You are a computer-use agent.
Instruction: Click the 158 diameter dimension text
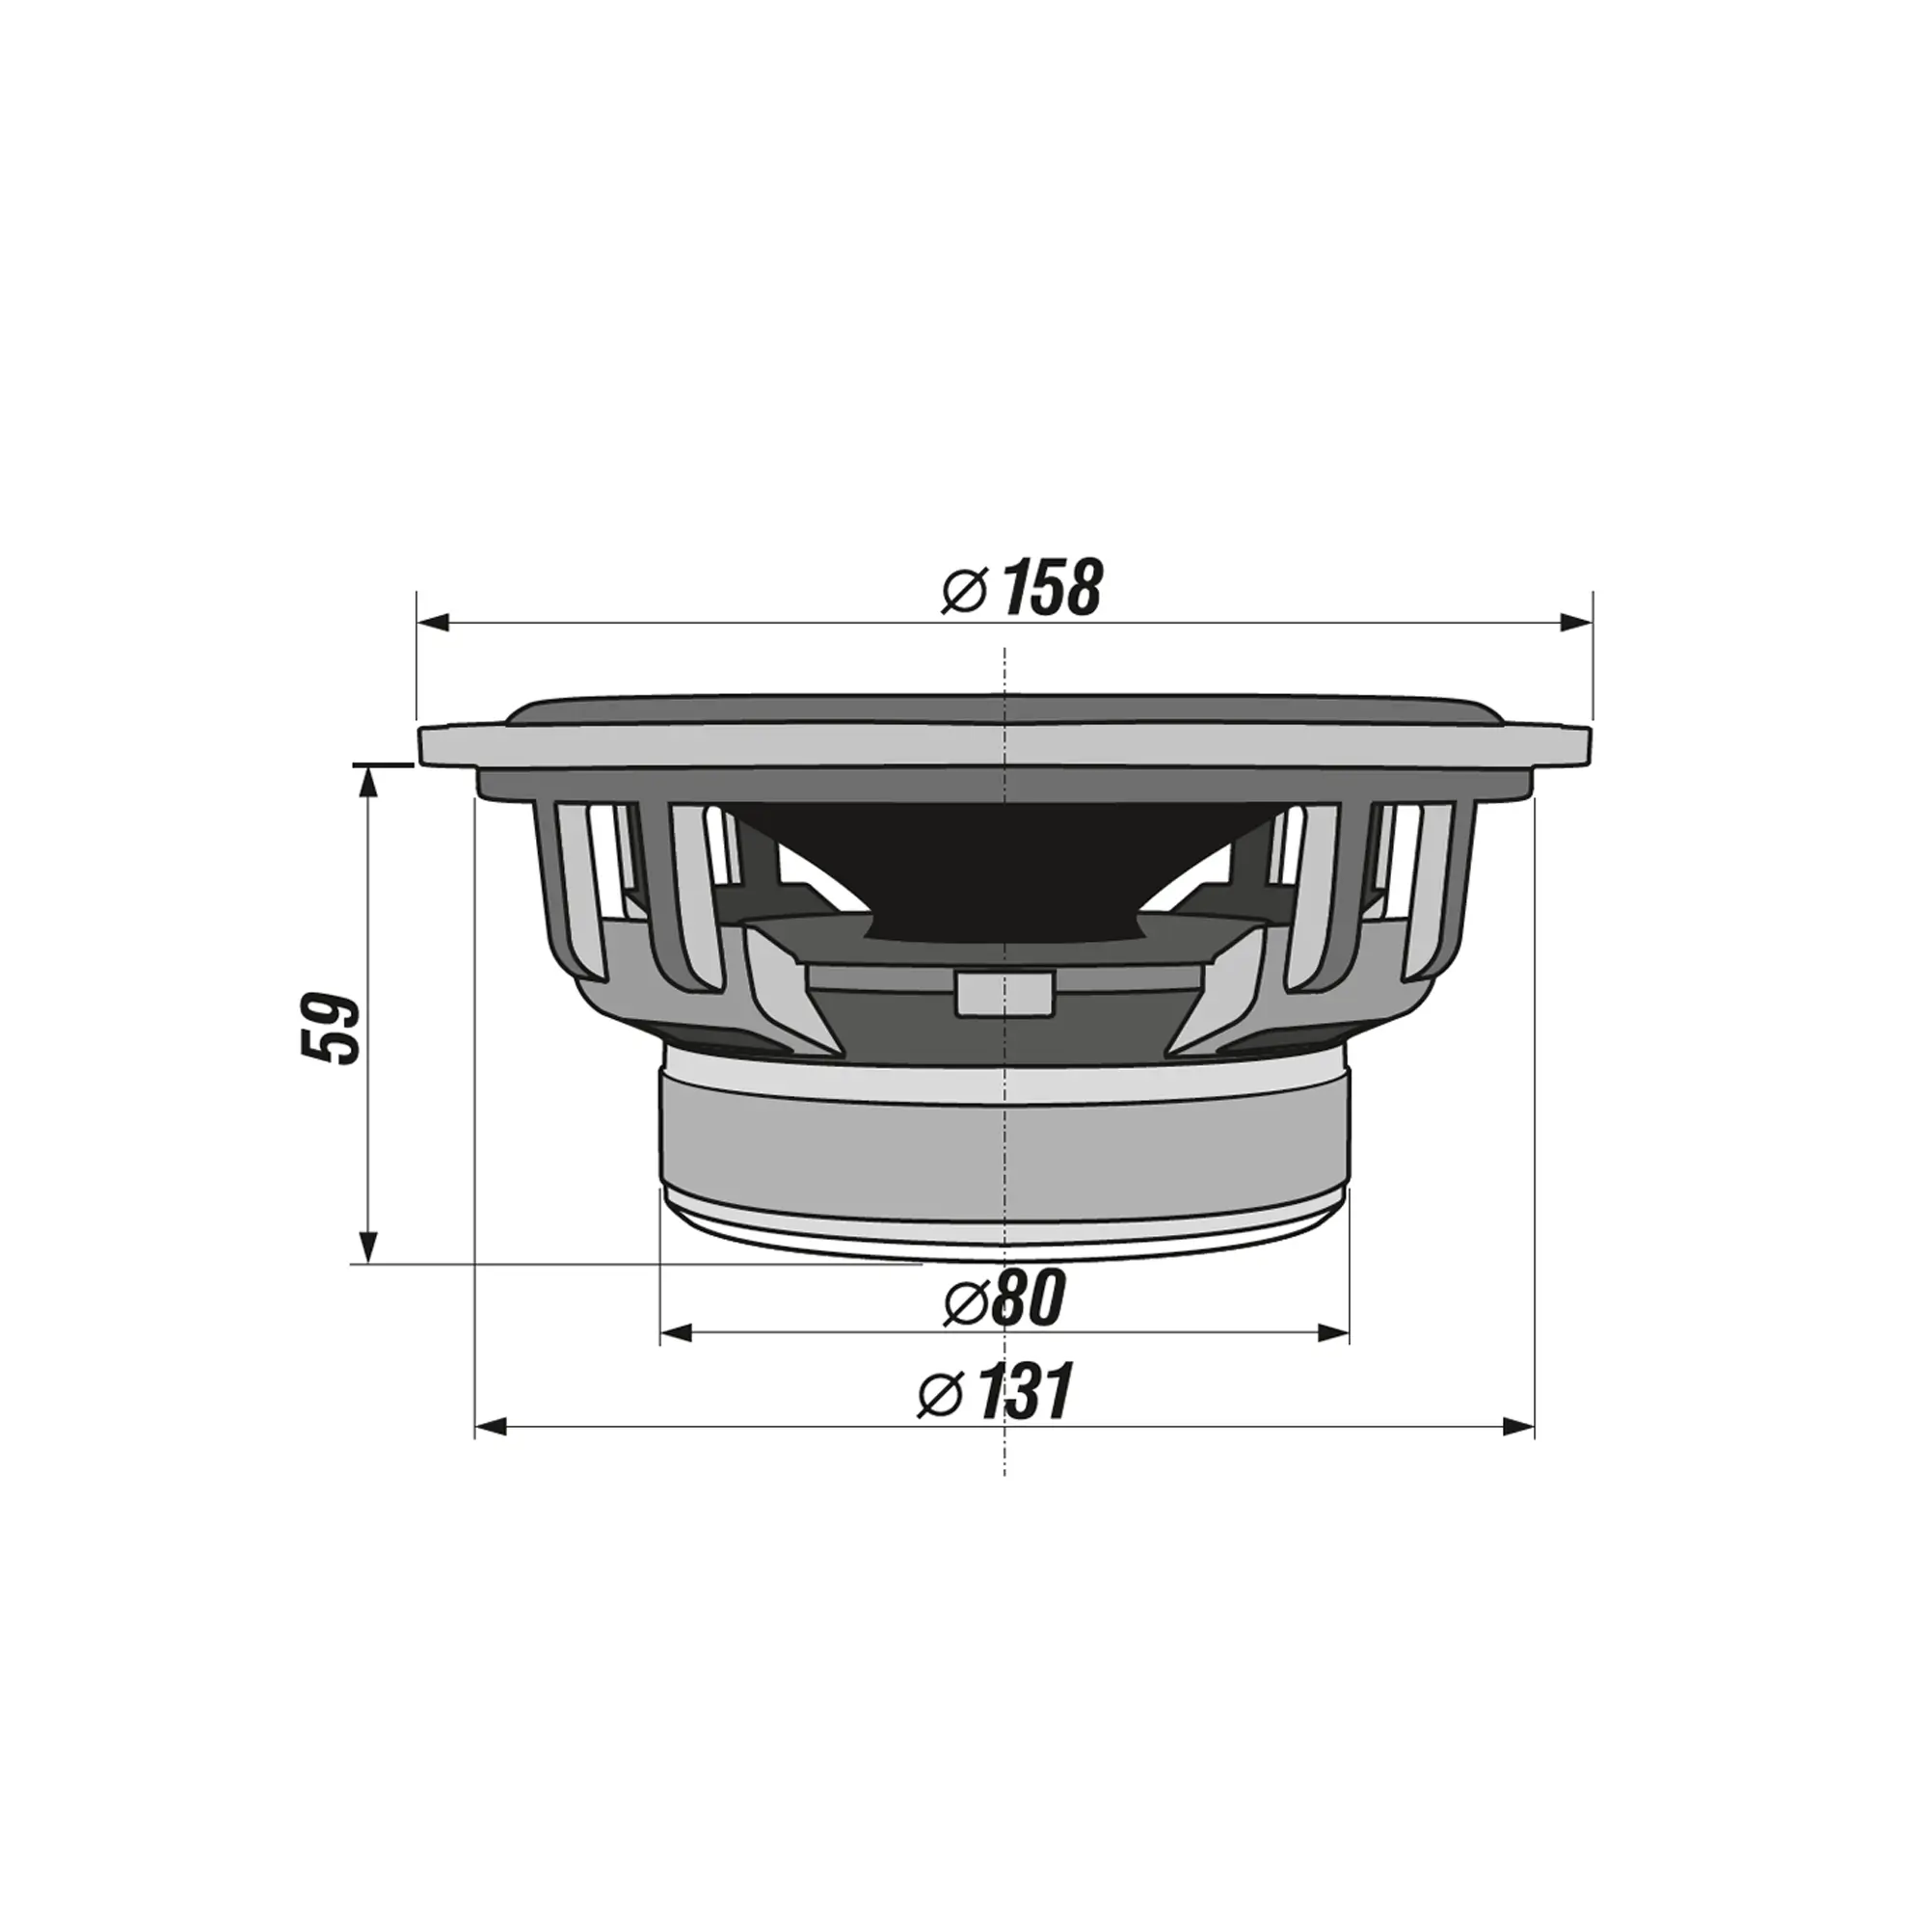tap(1051, 589)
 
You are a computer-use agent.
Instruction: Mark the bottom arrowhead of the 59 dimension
tap(369, 1247)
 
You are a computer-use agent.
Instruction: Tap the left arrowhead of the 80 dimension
tap(677, 1332)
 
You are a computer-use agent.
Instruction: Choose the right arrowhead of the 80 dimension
tap(1334, 1332)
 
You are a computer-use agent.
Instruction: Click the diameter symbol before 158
tap(965, 592)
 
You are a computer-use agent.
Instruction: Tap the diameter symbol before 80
tap(966, 1302)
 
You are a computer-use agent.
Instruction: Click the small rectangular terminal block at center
tap(1004, 993)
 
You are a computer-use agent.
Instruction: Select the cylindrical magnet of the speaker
tap(1004, 1138)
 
